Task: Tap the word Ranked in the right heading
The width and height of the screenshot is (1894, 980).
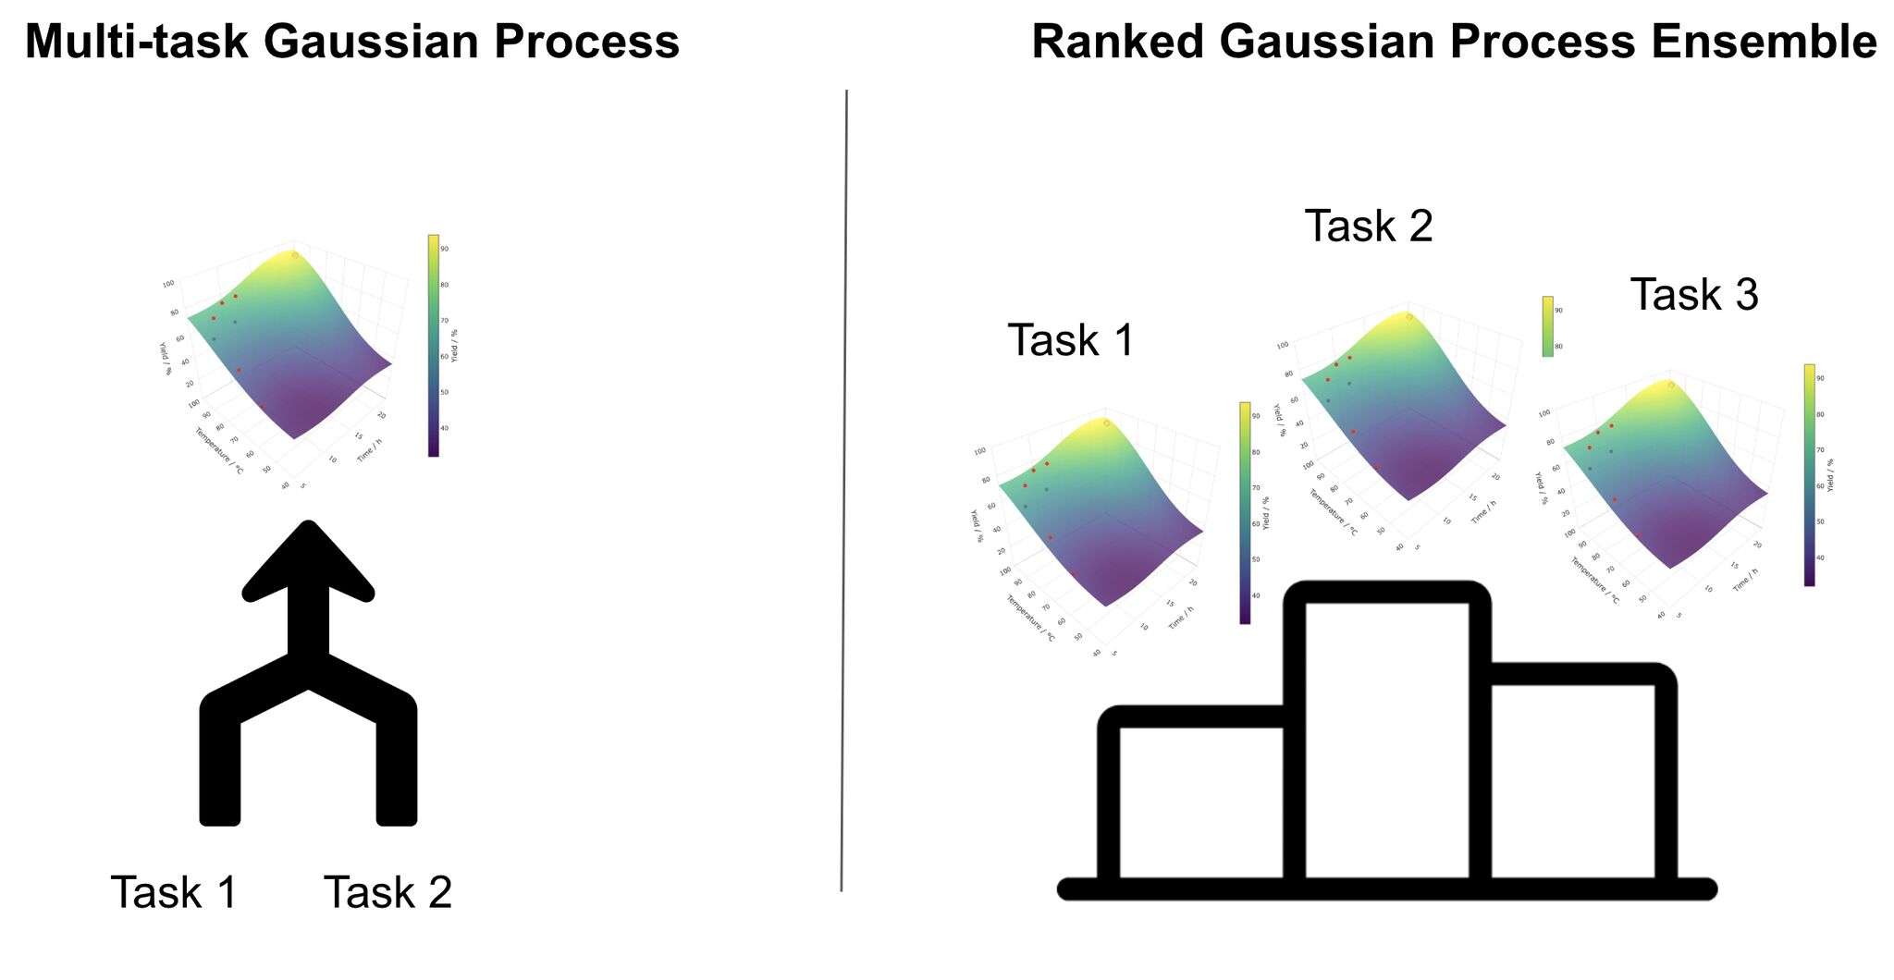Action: (x=1118, y=43)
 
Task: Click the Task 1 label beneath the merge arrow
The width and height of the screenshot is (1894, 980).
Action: (x=174, y=893)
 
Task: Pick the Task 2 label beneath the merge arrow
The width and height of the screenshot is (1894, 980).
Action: (x=387, y=893)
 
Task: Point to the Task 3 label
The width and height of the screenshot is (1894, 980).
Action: (x=1693, y=295)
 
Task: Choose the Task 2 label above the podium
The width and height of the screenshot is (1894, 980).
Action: (x=1368, y=227)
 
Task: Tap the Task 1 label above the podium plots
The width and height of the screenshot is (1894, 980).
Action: (x=1070, y=340)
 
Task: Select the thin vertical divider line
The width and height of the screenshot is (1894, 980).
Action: (x=844, y=490)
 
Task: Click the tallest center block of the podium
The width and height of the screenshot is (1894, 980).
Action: (x=1387, y=740)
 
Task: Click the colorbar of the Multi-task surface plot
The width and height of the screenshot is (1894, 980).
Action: (x=433, y=346)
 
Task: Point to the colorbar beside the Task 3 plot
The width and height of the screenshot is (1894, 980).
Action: (x=1809, y=475)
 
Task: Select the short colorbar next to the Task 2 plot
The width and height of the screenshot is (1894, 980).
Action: (x=1547, y=326)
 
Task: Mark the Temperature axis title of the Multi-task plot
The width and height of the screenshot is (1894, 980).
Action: (x=218, y=451)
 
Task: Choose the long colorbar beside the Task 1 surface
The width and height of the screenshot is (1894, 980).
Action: (x=1245, y=513)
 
